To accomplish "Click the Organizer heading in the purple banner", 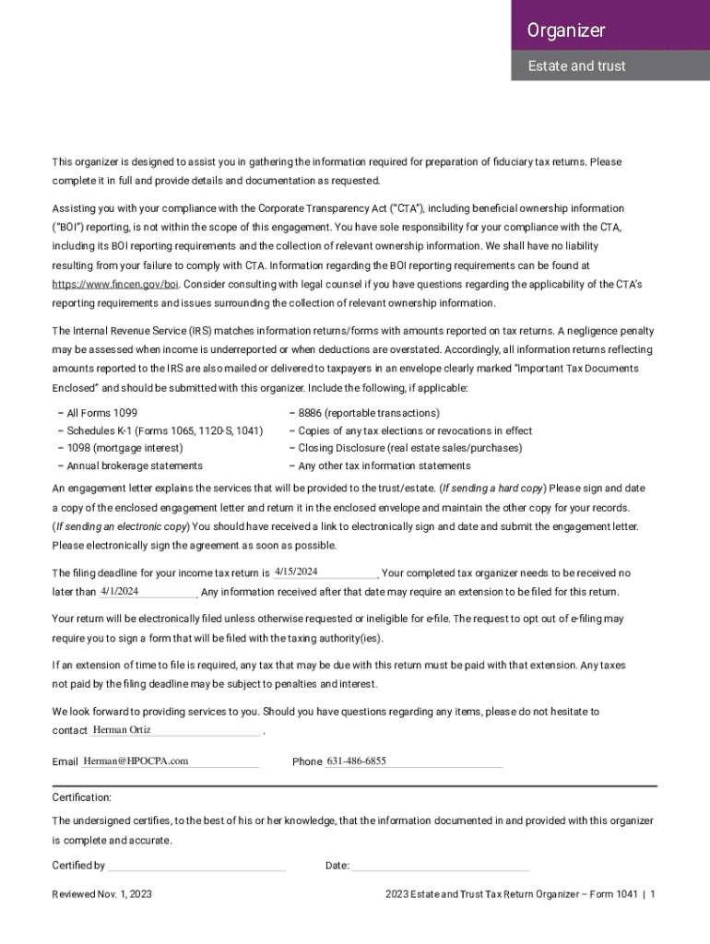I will tap(566, 30).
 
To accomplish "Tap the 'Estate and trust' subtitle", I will tap(576, 65).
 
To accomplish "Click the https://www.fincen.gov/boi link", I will tap(115, 285).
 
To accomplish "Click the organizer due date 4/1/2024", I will tap(119, 591).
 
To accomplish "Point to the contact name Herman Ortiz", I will tap(122, 730).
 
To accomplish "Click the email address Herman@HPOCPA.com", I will tap(136, 761).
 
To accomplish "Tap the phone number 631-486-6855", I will tap(357, 761).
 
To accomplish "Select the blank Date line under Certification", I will tap(441, 867).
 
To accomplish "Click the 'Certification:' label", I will tap(81, 797).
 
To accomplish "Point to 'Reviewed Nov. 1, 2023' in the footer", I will tap(101, 895).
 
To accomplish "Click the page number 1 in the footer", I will tap(653, 895).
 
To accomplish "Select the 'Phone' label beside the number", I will tap(307, 762).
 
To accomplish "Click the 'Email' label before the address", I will tap(65, 762).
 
